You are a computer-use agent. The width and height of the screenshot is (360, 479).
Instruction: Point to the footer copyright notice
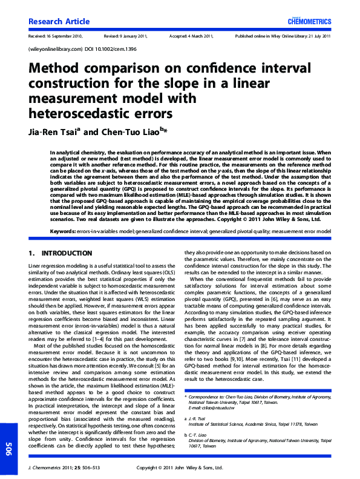click(180, 467)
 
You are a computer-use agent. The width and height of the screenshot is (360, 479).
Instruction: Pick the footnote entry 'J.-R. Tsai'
click(197, 419)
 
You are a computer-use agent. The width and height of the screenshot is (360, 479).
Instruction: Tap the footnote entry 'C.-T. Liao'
click(197, 435)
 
